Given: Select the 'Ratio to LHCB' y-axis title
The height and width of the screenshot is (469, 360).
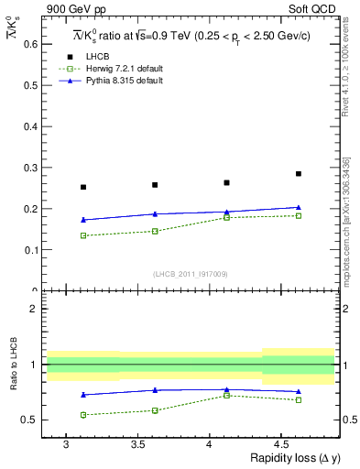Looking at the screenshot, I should coord(13,365).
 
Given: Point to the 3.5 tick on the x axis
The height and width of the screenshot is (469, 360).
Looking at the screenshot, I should coord(137,443).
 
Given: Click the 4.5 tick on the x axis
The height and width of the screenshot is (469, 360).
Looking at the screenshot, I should coord(282,443).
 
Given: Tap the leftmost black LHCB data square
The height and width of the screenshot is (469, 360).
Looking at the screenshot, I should coord(83,187).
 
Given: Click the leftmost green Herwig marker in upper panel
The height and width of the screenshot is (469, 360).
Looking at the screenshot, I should coord(83,235).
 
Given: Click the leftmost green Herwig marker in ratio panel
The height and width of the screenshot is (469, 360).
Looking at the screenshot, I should coord(83,415).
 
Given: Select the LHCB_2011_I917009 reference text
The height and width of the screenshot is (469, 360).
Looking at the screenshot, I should coord(191,274).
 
